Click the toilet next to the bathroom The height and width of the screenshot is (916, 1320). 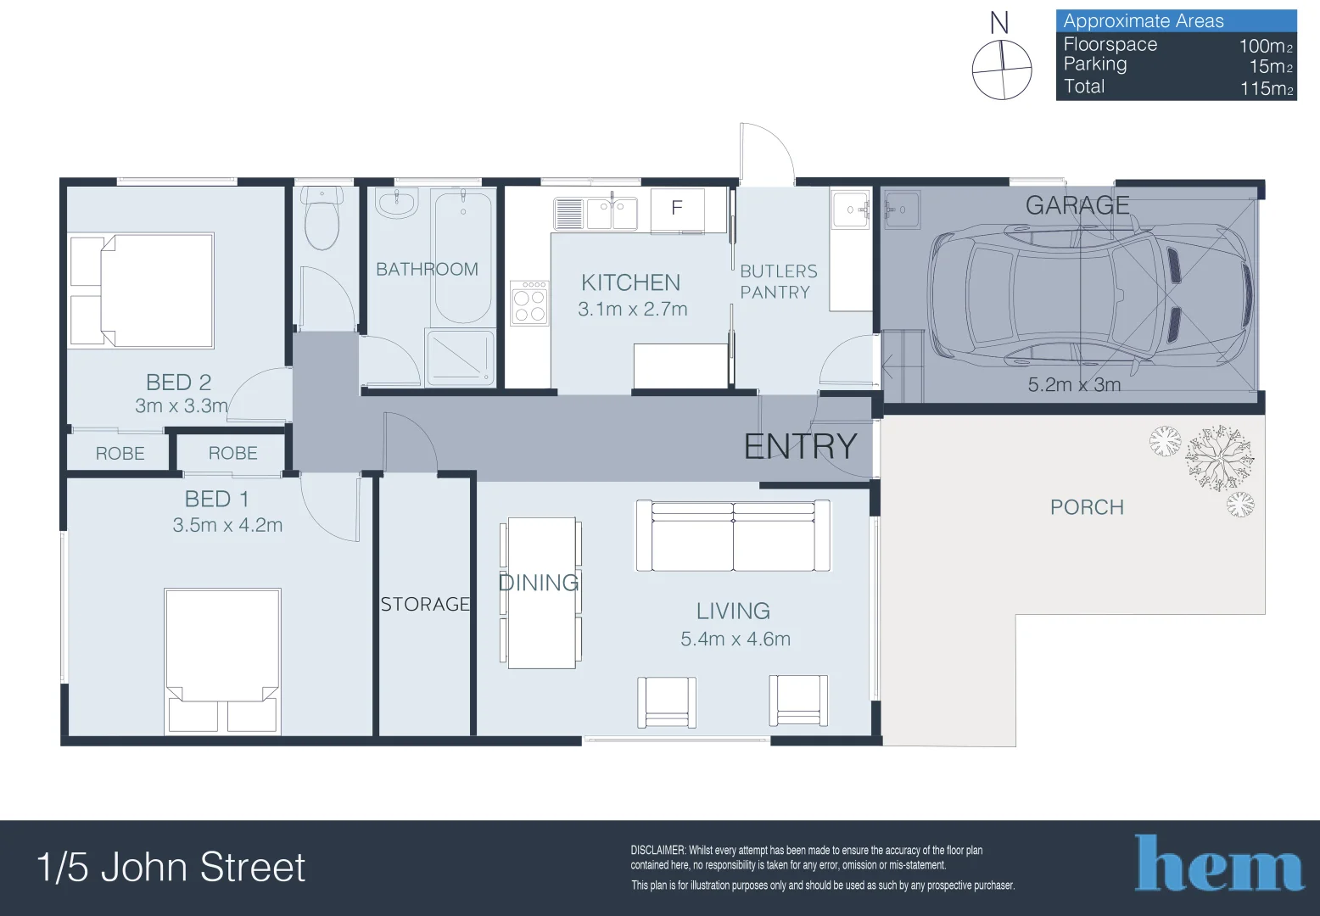click(322, 220)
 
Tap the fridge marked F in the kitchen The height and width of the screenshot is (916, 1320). click(677, 209)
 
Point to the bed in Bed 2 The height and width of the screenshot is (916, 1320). click(142, 290)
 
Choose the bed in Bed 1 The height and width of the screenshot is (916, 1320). click(222, 660)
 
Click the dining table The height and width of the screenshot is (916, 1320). click(541, 593)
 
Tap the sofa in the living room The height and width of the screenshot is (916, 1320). click(733, 536)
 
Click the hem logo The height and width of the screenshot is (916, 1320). click(1219, 863)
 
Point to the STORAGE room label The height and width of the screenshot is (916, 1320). click(425, 604)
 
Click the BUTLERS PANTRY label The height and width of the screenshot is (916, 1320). click(778, 282)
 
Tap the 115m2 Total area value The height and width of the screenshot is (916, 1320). click(1266, 88)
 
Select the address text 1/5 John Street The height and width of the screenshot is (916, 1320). click(171, 867)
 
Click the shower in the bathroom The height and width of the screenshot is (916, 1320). click(460, 357)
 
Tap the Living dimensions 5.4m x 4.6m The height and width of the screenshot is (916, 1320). click(735, 639)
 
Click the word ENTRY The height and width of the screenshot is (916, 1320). click(800, 446)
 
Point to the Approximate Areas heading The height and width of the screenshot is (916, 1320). click(1143, 21)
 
